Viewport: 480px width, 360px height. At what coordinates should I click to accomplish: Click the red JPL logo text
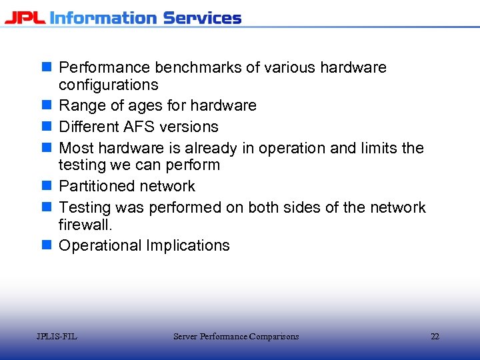point(25,17)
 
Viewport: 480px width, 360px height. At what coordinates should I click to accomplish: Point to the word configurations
point(108,85)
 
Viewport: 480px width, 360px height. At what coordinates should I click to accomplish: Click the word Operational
point(100,245)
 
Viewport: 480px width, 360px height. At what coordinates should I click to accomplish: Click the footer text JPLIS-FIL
point(57,337)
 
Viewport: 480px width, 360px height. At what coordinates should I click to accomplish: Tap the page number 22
point(435,337)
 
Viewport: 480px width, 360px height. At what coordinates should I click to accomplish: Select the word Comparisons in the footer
point(273,337)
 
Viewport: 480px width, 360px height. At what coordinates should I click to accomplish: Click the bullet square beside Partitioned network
point(46,186)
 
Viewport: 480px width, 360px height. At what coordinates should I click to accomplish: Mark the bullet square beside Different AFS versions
point(46,127)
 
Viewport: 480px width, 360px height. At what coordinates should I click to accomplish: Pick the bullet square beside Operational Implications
point(46,245)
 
